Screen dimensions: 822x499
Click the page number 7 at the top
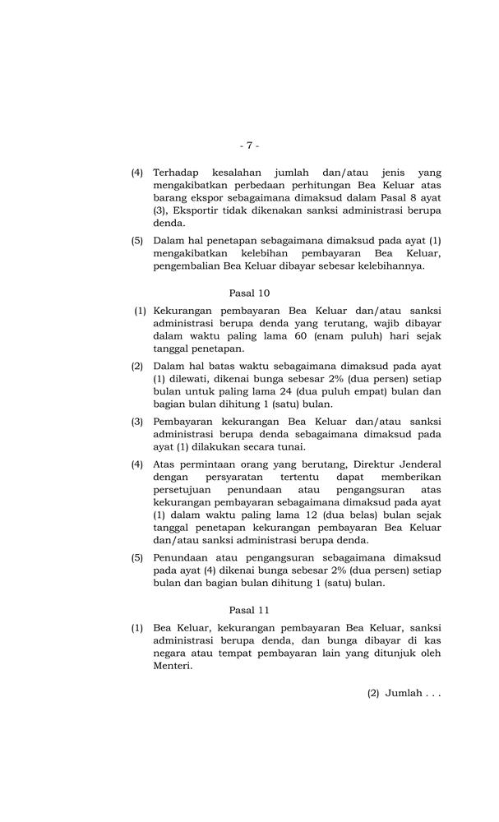[x=249, y=145]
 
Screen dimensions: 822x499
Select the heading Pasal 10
[x=249, y=293]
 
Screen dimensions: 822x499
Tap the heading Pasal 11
[x=249, y=610]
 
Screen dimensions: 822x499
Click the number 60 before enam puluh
[x=298, y=337]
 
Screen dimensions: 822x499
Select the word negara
[x=171, y=654]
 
